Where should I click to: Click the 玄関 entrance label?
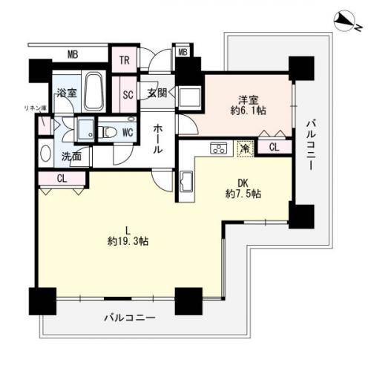157,93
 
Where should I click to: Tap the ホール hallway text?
158,139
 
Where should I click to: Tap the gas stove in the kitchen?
219,148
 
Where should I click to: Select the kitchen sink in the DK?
185,180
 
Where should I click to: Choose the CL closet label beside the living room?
62,180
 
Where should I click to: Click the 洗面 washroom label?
71,157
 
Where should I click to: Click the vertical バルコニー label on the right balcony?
312,143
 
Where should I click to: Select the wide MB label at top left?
73,54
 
